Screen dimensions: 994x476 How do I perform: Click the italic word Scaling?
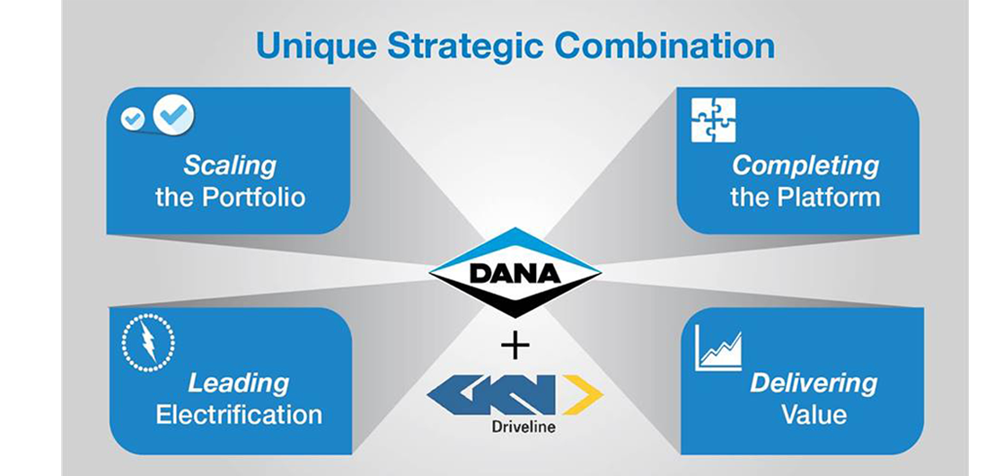point(230,167)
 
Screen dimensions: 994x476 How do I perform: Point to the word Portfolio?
point(253,197)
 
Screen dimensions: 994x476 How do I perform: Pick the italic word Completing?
point(805,167)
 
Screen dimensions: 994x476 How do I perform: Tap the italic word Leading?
point(238,384)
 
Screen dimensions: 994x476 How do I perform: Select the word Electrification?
point(239,415)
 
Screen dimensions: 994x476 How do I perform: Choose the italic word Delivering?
point(814,383)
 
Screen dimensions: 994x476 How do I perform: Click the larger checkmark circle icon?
point(173,115)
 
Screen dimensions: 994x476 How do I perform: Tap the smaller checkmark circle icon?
point(133,119)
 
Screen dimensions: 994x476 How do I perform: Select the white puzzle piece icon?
point(713,119)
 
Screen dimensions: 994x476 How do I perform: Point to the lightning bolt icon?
point(148,342)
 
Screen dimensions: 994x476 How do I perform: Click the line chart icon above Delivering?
point(718,348)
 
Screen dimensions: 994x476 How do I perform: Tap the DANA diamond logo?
point(515,272)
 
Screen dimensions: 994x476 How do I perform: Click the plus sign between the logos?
point(515,347)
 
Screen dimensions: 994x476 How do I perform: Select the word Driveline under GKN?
point(523,427)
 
